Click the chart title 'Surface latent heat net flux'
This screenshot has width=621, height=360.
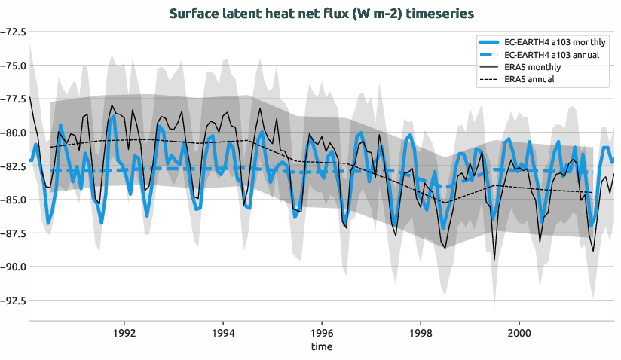tap(322, 14)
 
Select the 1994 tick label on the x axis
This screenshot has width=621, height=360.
tap(222, 332)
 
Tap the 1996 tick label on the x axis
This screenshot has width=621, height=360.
tap(322, 332)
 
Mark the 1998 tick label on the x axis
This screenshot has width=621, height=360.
tap(421, 332)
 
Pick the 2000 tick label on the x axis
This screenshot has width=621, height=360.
tap(519, 332)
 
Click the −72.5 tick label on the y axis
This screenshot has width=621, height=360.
tap(14, 32)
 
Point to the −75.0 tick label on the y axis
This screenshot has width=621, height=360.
tap(14, 66)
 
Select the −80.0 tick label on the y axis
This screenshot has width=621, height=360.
tap(14, 133)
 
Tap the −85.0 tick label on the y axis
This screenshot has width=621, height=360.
tap(14, 200)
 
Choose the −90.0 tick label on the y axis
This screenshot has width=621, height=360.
tap(14, 267)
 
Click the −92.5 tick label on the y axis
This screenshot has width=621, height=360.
tap(14, 300)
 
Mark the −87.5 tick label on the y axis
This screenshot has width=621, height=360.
tap(14, 233)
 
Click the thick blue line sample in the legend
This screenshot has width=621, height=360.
tap(488, 42)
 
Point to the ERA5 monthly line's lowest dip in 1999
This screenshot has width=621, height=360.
tap(494, 259)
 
